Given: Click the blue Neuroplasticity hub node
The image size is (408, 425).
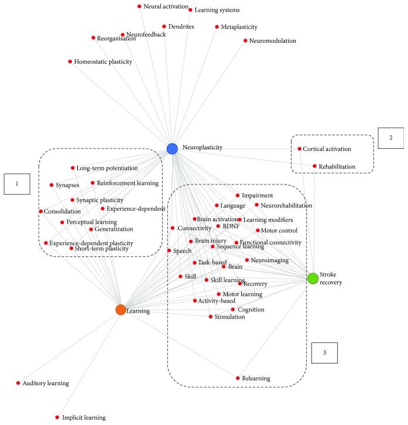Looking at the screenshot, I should (172, 149).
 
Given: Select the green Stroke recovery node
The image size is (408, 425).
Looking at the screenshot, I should (313, 278).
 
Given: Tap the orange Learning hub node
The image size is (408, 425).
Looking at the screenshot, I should (121, 310).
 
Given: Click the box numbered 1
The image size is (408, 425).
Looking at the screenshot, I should (17, 184).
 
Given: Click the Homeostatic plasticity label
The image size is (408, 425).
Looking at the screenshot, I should (103, 61).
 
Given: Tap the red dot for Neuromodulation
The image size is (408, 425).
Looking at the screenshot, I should (245, 41).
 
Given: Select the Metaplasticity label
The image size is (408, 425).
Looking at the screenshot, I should (239, 27).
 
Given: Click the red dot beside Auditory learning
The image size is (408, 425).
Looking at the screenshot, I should (18, 383).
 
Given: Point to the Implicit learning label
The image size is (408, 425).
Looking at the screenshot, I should (84, 417).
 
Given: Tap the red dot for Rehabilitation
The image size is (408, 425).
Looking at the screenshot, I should (314, 166).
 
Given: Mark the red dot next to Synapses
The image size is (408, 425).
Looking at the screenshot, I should (52, 185).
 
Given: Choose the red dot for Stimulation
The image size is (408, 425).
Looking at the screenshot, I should (211, 317).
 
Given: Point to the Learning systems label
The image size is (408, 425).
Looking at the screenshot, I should (217, 10).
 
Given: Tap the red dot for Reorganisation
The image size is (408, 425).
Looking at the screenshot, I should (93, 38).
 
